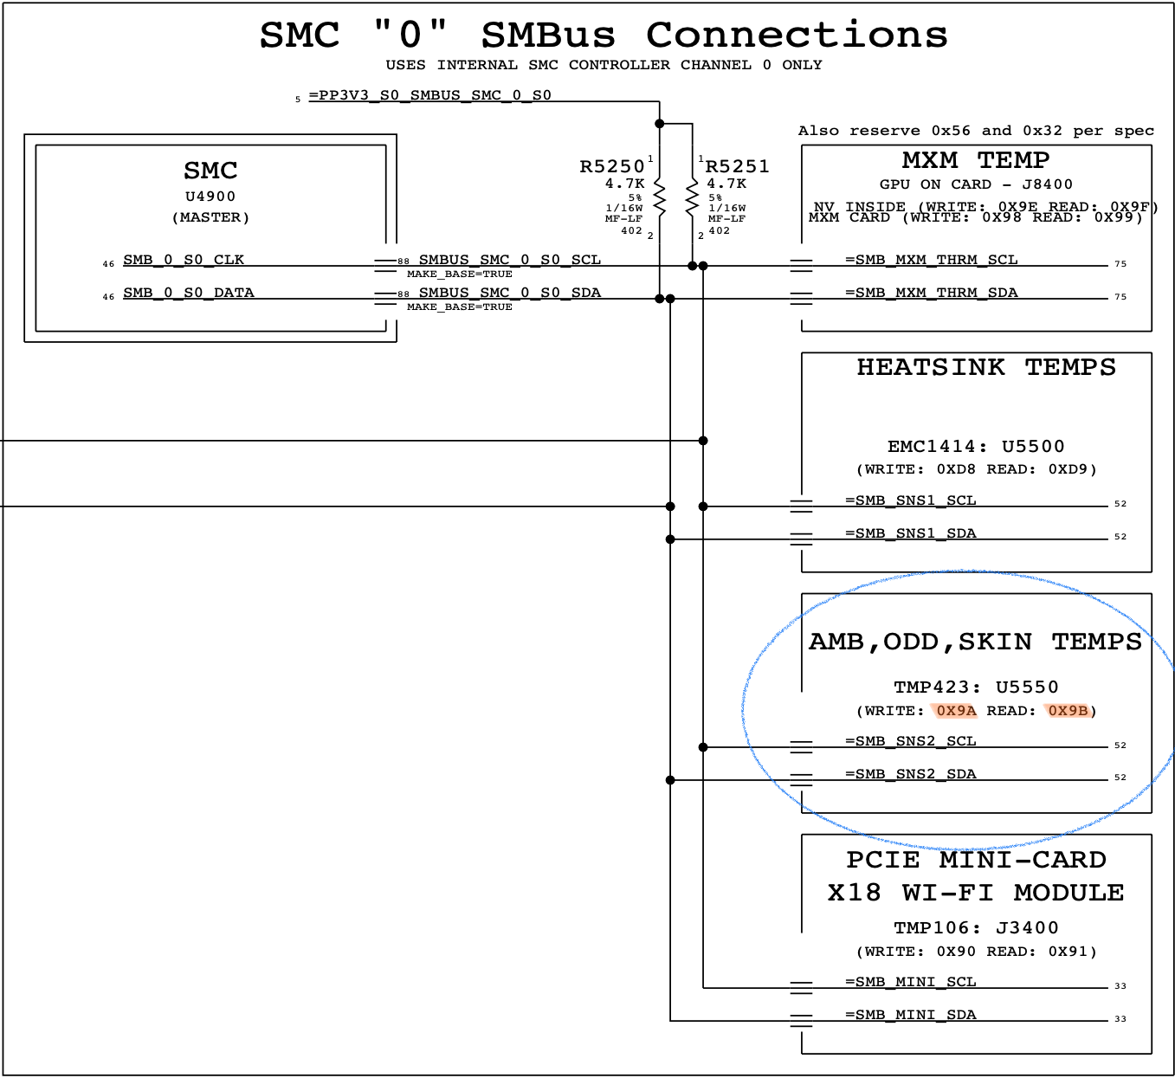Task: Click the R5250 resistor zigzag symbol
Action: (660, 198)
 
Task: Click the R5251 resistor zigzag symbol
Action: (692, 198)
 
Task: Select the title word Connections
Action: (797, 36)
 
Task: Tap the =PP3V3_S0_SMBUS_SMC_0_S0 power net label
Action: (429, 95)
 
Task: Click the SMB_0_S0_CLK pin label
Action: (184, 260)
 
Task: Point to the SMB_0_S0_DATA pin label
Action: (189, 293)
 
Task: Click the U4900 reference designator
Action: (210, 197)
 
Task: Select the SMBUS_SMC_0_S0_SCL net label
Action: (509, 260)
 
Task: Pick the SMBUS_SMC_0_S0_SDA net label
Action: (509, 293)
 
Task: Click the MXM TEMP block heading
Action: (976, 160)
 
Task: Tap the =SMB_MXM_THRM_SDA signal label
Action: (931, 293)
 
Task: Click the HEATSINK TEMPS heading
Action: (986, 367)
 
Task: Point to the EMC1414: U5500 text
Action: (976, 447)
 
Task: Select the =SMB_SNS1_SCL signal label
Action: (910, 500)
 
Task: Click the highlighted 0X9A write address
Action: (956, 711)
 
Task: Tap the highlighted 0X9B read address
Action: (1068, 711)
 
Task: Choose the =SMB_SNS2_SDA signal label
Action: (910, 774)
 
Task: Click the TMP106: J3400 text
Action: (976, 928)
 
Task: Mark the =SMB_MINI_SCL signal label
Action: (910, 982)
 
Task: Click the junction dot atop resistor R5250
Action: (660, 124)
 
